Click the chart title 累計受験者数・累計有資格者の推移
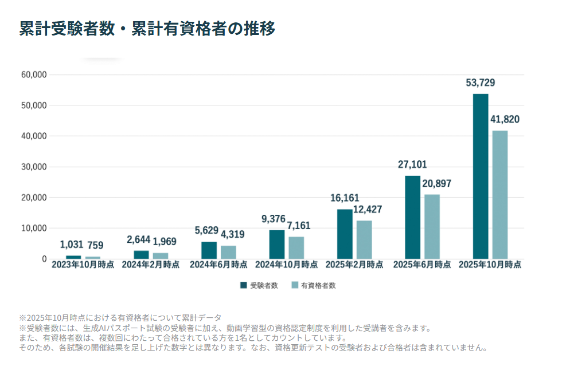click(x=147, y=29)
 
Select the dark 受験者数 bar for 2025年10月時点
click(x=480, y=176)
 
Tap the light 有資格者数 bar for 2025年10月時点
click(x=499, y=194)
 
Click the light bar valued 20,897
click(x=432, y=226)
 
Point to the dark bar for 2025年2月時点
click(x=345, y=234)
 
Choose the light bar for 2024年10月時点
click(x=296, y=247)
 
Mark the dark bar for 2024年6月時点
click(x=209, y=250)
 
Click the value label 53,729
click(x=480, y=83)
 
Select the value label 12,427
click(x=366, y=210)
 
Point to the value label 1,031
click(x=72, y=245)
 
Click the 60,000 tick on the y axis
click(x=34, y=75)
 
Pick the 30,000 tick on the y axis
click(x=34, y=167)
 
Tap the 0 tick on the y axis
click(x=44, y=259)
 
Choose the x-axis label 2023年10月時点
click(x=83, y=265)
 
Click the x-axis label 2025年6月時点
click(x=421, y=265)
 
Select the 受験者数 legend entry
click(x=259, y=285)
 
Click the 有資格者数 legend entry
click(x=313, y=285)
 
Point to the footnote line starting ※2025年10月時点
click(x=120, y=317)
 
